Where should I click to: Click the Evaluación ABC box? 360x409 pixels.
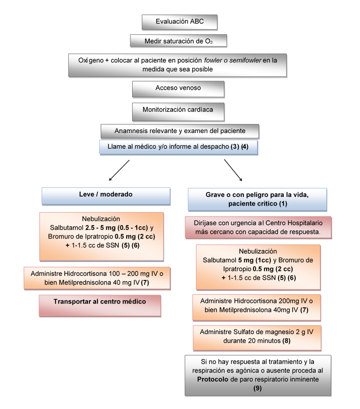click(179, 21)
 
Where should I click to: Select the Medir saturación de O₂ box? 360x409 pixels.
click(179, 41)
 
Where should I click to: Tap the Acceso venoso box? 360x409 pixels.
click(178, 88)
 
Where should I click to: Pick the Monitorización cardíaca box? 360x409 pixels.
click(178, 110)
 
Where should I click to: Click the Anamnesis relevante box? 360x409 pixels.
click(180, 131)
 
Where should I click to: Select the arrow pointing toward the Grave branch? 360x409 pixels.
click(233, 170)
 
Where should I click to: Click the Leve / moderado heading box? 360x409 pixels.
click(106, 194)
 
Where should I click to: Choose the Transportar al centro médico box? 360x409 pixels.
click(100, 301)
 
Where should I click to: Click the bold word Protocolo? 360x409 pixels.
click(213, 379)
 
